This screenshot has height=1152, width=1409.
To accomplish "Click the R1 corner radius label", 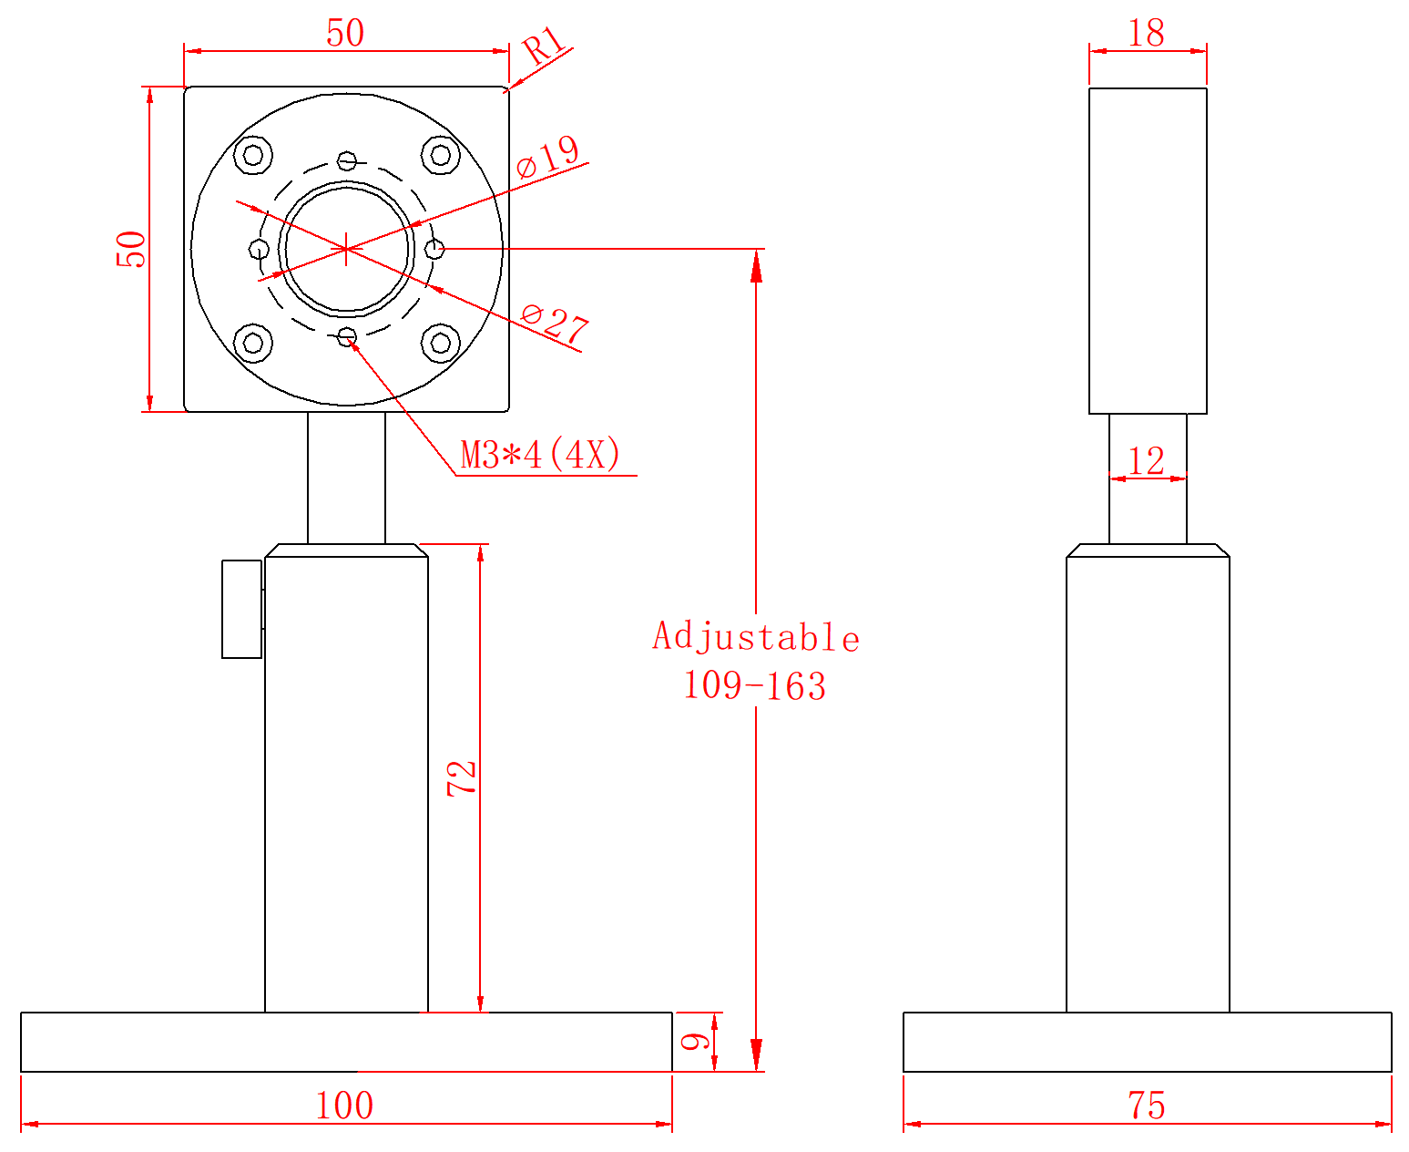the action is (544, 45).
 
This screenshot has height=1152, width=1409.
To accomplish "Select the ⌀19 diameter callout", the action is (547, 157).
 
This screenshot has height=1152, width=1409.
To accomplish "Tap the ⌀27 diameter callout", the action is (555, 324).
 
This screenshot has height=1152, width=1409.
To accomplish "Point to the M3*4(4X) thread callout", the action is (540, 455).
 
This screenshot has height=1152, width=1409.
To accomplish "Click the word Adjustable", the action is (756, 636).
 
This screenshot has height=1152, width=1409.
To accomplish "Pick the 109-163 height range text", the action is (755, 686).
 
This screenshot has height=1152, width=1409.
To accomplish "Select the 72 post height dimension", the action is (462, 778).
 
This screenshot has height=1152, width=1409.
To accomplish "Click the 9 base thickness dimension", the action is (695, 1042).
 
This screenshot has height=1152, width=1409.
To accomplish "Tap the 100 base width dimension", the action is (344, 1106).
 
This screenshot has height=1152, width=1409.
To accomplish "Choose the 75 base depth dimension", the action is (1147, 1106).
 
